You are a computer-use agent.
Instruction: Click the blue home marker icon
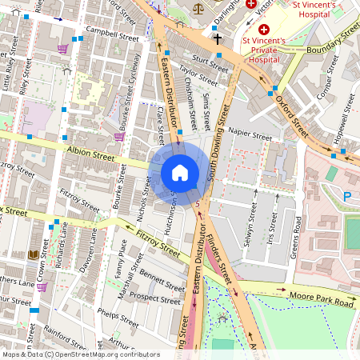tap(180, 173)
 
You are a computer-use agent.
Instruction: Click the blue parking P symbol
tap(348, 195)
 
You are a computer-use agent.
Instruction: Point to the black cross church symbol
tap(217, 38)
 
